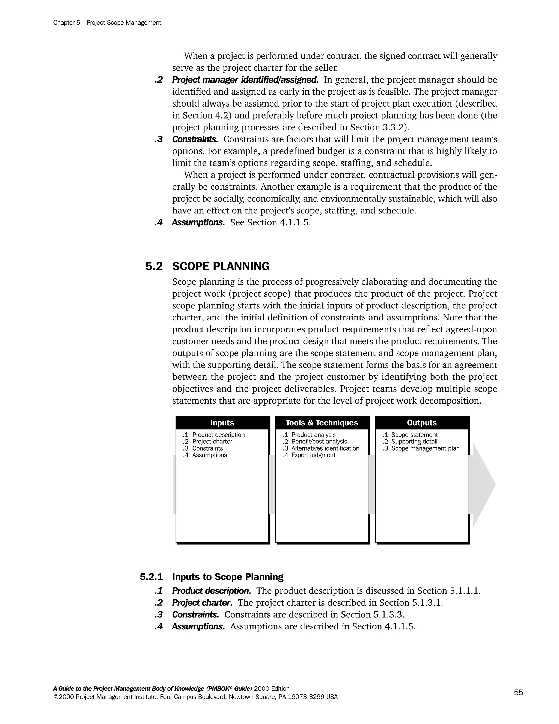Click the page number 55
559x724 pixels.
(x=518, y=693)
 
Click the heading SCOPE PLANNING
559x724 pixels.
(x=221, y=266)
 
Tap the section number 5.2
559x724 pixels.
(x=154, y=266)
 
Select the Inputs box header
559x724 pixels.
(x=222, y=423)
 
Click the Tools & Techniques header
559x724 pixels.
(x=322, y=423)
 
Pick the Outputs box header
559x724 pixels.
(x=421, y=423)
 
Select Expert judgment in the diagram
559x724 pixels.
(x=313, y=455)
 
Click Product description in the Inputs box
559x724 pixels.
(x=218, y=435)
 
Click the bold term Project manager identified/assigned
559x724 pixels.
(x=245, y=80)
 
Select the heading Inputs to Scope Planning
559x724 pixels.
(x=228, y=577)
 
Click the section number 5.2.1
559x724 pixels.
(x=151, y=577)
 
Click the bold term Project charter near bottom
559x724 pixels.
(x=202, y=603)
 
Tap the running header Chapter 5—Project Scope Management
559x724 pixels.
(x=107, y=23)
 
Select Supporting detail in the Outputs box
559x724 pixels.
(x=414, y=442)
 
